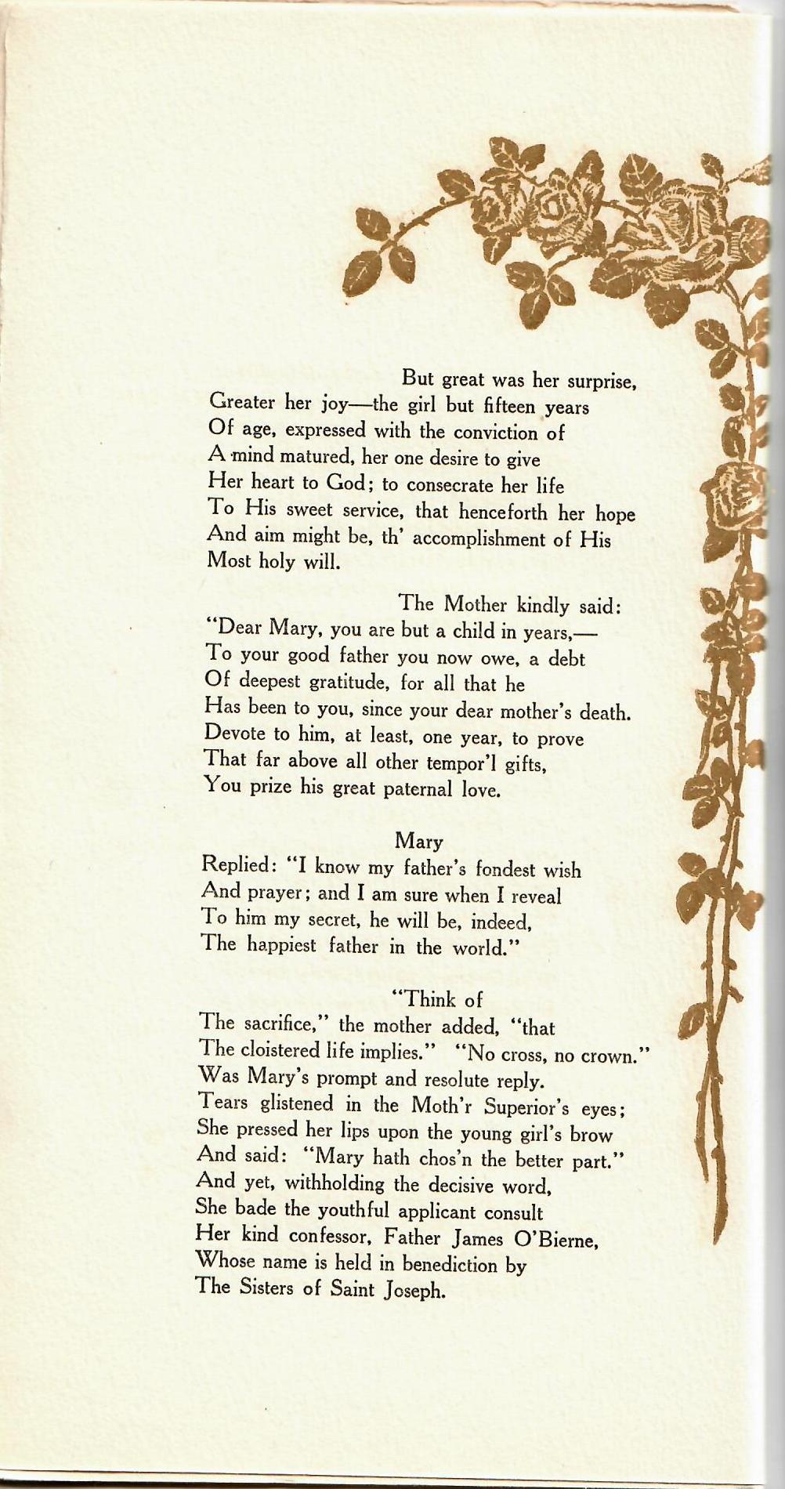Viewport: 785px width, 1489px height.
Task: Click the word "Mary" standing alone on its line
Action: (419, 842)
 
